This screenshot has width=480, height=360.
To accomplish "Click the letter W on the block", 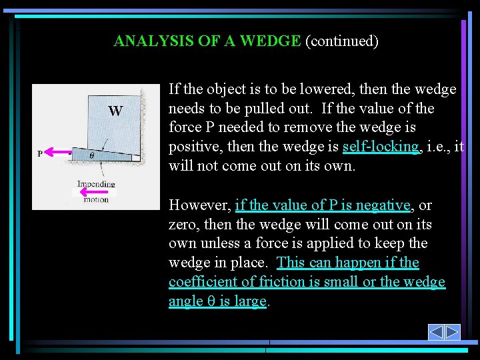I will coord(115,111).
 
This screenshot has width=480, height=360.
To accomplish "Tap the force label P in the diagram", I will coord(40,153).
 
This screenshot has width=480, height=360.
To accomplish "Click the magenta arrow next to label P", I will coord(58,153).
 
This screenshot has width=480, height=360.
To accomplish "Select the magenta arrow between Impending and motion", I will coord(94,192).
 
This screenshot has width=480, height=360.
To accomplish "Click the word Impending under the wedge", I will coord(96,184).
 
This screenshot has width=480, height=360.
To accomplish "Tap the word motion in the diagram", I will coord(96,199).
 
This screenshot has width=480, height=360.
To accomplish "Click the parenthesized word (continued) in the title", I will coord(341,41).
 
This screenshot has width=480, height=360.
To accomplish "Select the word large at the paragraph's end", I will coord(251,301).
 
